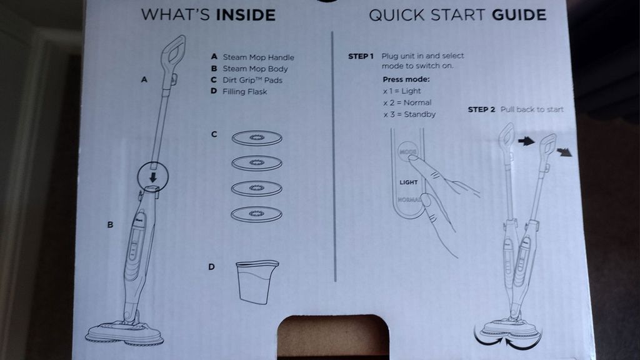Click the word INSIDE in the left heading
tap(246, 16)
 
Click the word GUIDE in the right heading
tap(519, 15)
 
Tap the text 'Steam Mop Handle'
tap(258, 57)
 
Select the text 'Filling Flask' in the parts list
tap(245, 92)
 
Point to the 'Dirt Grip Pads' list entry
tap(252, 81)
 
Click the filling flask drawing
tap(257, 282)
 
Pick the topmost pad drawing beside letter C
tap(257, 138)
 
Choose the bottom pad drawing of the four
tap(256, 214)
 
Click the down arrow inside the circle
tap(153, 177)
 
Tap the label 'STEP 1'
tap(361, 56)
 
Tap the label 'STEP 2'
tap(481, 110)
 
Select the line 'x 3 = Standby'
tap(409, 115)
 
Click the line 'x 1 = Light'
tap(402, 91)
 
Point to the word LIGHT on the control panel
tap(409, 182)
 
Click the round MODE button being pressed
tap(407, 152)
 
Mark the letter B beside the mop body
tap(110, 225)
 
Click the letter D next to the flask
tap(211, 267)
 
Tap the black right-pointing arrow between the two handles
tap(526, 141)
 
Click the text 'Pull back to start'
tap(532, 109)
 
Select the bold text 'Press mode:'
tap(406, 79)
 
